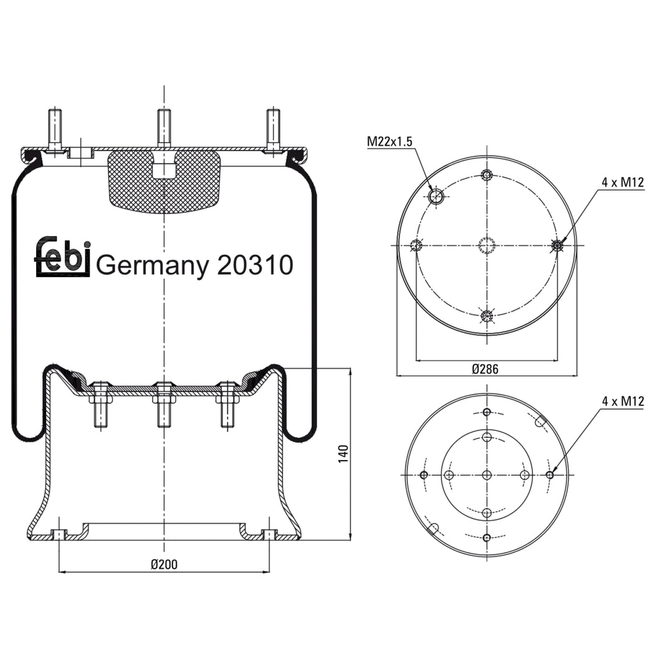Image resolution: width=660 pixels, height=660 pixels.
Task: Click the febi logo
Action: tap(63, 257)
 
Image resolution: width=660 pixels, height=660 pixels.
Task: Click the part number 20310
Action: tap(255, 265)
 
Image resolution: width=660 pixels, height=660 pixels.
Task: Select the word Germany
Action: tap(153, 266)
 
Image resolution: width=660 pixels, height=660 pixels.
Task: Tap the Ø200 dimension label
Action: tap(164, 564)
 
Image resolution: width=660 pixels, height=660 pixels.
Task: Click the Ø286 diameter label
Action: tap(485, 369)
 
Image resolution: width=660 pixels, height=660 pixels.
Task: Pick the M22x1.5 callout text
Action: tap(389, 141)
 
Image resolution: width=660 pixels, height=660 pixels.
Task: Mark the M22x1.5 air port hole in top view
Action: tap(436, 197)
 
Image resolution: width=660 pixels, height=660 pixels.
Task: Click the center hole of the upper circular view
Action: tap(487, 245)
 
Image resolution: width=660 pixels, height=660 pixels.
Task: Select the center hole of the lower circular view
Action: tap(487, 475)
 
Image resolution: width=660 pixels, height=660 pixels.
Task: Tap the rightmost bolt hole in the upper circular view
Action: tap(557, 245)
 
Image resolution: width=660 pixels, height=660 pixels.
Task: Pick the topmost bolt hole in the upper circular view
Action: tap(487, 175)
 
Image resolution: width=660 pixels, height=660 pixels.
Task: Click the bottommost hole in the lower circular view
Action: tap(487, 538)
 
